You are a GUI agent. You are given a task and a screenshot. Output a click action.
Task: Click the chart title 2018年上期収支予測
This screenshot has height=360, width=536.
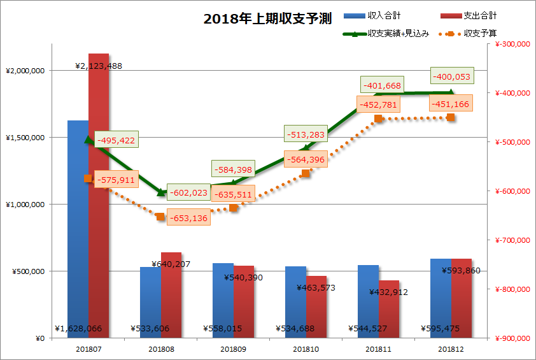(267, 18)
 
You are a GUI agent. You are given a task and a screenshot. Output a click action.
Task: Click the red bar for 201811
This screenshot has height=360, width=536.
(389, 312)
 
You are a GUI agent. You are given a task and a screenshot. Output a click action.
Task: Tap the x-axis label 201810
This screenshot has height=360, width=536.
(306, 350)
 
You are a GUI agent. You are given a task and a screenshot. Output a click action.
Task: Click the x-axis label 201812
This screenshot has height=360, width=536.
(451, 350)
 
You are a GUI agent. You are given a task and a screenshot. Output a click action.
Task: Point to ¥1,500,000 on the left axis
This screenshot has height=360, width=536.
(24, 138)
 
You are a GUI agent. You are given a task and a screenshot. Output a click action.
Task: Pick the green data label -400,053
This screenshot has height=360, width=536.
(451, 76)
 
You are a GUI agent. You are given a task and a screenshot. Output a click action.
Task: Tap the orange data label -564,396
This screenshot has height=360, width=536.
(306, 160)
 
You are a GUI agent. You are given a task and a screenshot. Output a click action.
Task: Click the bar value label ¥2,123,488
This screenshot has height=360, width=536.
(99, 66)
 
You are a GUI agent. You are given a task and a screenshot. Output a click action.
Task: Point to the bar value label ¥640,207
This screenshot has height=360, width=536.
(171, 264)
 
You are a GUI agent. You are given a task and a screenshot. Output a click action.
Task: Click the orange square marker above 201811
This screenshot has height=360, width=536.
(378, 119)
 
